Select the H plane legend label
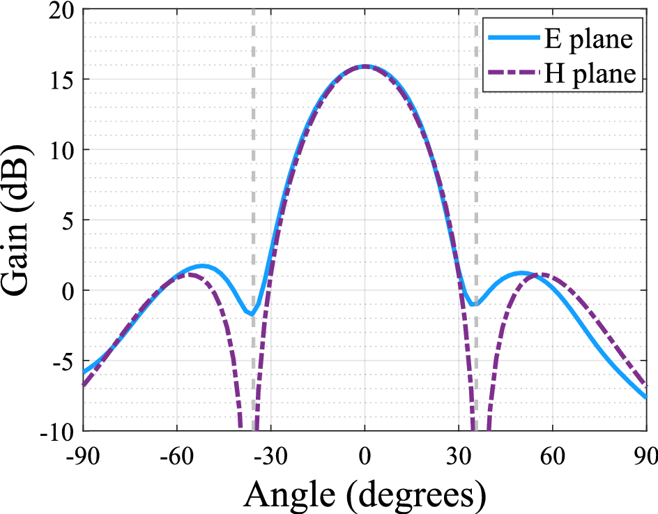tap(589, 74)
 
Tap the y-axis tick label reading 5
tap(70, 220)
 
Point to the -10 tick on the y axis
tap(59, 430)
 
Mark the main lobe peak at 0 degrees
tap(365, 66)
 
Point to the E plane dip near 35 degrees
tap(474, 304)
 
